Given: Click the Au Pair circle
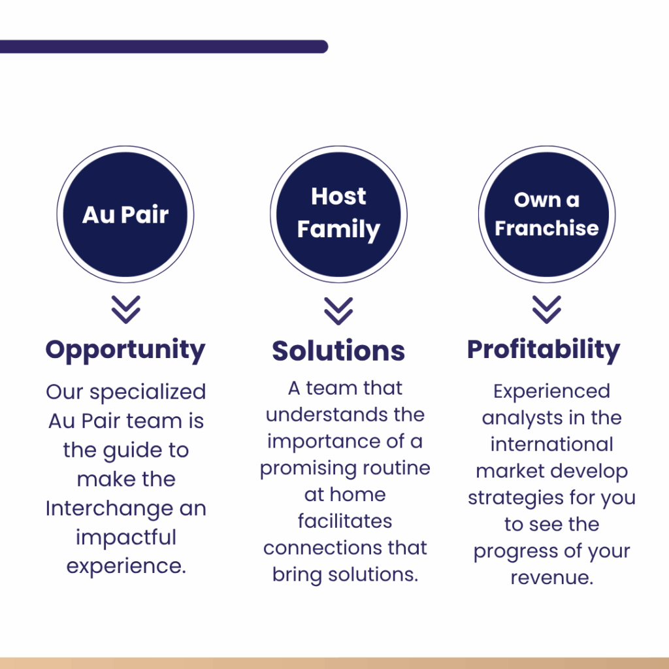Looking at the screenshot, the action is [125, 214].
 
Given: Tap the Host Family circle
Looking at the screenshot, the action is [339, 214].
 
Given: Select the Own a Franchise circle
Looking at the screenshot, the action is [547, 214].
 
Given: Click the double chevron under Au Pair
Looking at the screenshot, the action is [126, 309].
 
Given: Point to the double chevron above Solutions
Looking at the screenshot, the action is [338, 311].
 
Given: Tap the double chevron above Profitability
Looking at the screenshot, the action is [547, 309].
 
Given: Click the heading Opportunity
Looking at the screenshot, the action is [125, 351].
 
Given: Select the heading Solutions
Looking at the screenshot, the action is [338, 351].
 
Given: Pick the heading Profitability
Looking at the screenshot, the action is [544, 350].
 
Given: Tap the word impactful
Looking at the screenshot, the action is [126, 538].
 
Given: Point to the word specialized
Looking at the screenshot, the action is [148, 393].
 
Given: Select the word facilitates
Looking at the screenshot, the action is [345, 521].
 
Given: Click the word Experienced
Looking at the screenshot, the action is [551, 392].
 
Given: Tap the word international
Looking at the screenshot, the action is [551, 444].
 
